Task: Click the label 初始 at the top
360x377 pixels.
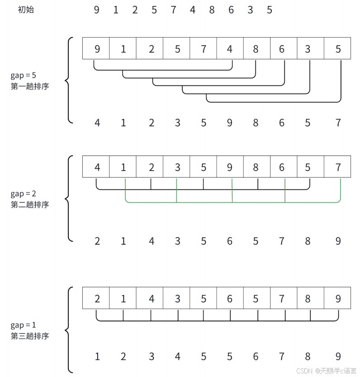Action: [26, 10]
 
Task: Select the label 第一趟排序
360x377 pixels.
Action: [29, 86]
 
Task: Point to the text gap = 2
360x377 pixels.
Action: [23, 194]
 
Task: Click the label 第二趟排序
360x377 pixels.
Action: [29, 204]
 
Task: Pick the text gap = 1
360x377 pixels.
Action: [23, 325]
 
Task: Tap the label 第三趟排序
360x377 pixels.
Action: [29, 336]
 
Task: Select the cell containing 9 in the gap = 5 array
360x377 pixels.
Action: [96, 49]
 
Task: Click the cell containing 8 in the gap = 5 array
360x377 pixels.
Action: [256, 49]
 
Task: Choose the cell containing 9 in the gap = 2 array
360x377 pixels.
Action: [230, 167]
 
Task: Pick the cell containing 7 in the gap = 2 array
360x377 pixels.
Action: [337, 167]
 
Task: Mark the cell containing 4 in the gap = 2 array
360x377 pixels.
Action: [96, 167]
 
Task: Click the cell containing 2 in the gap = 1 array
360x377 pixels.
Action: [96, 299]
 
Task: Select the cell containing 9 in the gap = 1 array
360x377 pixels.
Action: [337, 299]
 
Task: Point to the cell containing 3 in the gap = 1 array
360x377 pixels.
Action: [177, 299]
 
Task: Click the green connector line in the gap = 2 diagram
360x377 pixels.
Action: [204, 202]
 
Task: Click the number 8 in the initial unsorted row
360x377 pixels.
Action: [212, 10]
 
